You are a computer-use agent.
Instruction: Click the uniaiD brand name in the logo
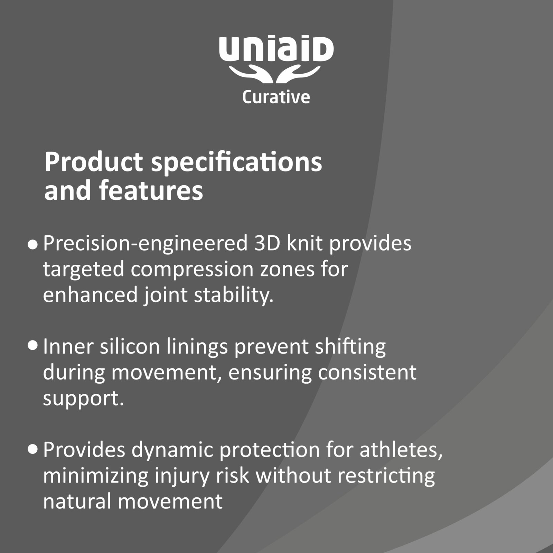276,50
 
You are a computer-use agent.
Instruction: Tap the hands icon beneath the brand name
275,75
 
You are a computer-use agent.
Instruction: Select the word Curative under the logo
276,97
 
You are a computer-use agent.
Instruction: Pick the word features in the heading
151,190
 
